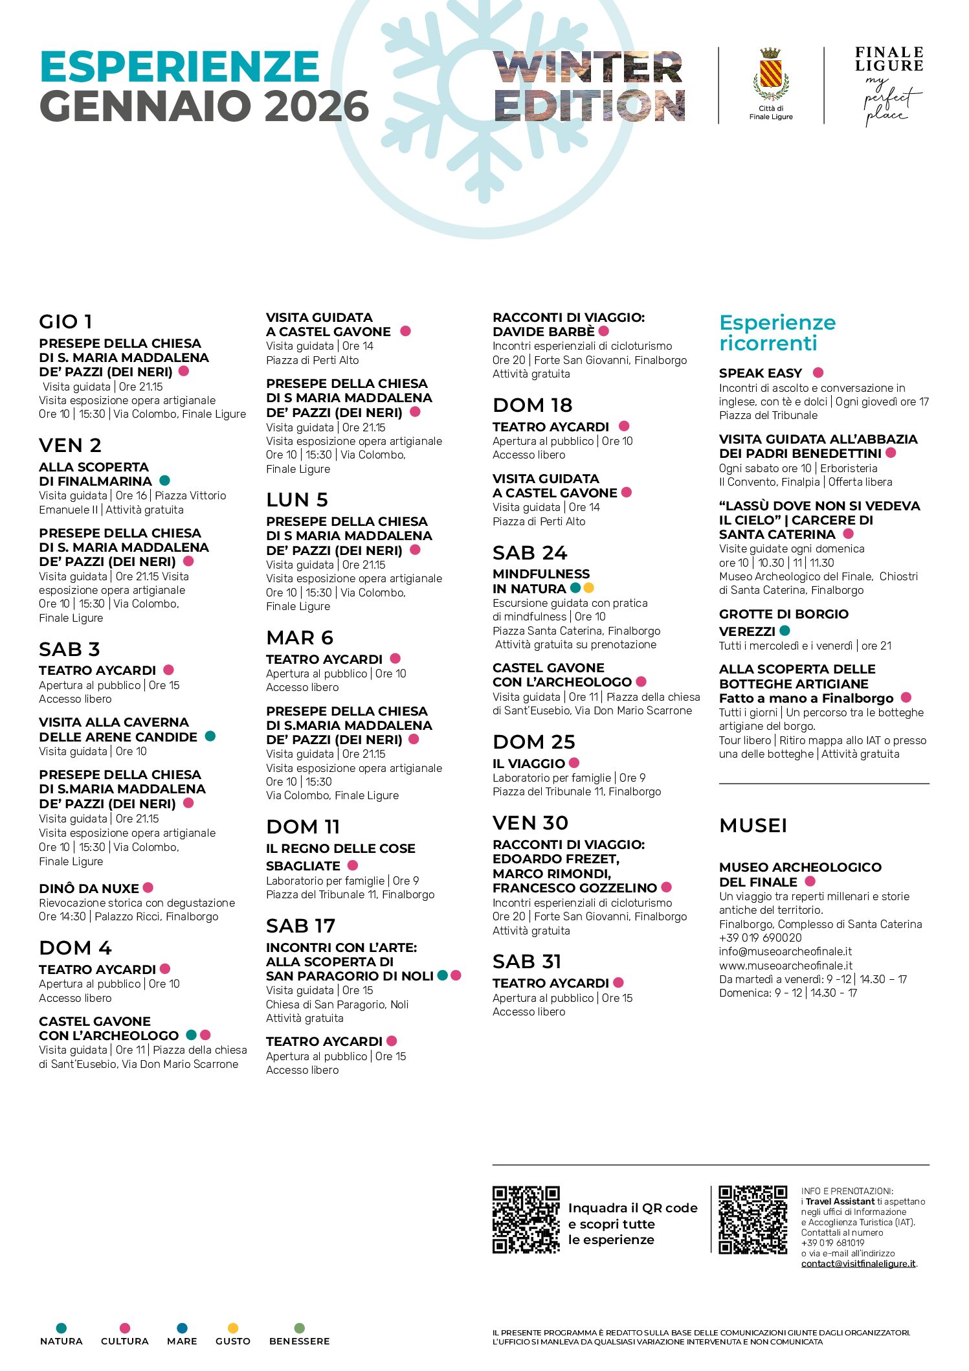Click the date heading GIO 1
tap(66, 321)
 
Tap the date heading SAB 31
tap(526, 961)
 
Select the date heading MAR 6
tap(299, 638)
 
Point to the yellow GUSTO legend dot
tap(233, 1328)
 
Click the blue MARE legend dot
tap(182, 1328)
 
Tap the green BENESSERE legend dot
tap(299, 1328)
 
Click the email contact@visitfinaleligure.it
tap(858, 1263)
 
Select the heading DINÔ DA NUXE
tap(89, 889)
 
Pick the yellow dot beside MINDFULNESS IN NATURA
tap(588, 588)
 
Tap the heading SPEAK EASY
tap(760, 373)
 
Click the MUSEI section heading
tap(753, 825)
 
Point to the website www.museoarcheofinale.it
tap(785, 965)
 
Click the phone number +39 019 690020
tap(760, 938)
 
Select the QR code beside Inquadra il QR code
tap(526, 1219)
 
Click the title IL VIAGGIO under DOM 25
tap(528, 764)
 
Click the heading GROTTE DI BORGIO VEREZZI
tap(783, 622)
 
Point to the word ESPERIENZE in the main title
tap(179, 67)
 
